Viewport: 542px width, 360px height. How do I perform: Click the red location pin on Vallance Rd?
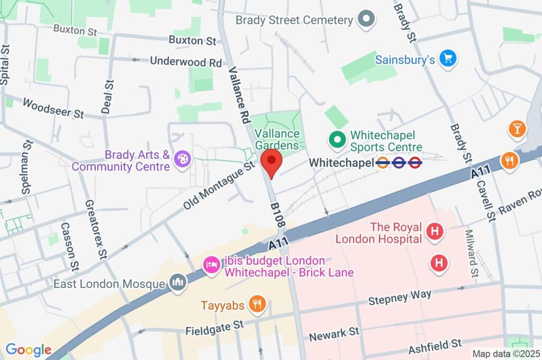[272, 161]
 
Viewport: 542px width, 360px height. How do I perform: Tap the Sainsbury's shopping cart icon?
[448, 59]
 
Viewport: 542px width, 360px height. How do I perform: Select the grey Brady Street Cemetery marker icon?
[366, 20]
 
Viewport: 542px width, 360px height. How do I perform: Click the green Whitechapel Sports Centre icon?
[337, 141]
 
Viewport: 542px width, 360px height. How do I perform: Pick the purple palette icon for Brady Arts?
[182, 160]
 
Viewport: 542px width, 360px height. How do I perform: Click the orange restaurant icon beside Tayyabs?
[257, 305]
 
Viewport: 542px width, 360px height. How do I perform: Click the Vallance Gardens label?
[276, 139]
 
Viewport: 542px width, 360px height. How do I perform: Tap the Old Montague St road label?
[219, 185]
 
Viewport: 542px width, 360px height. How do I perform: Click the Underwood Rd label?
[186, 61]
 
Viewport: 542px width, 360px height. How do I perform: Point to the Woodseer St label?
[53, 107]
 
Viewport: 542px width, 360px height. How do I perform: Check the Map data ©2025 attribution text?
[506, 354]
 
